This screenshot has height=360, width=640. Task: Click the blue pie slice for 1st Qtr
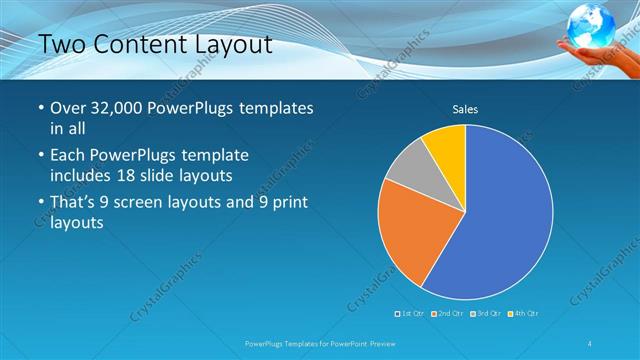[500, 220]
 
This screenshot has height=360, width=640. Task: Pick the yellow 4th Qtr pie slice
[446, 146]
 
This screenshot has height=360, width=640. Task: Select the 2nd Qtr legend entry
[447, 314]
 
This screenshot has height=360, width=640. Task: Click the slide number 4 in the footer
[589, 344]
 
